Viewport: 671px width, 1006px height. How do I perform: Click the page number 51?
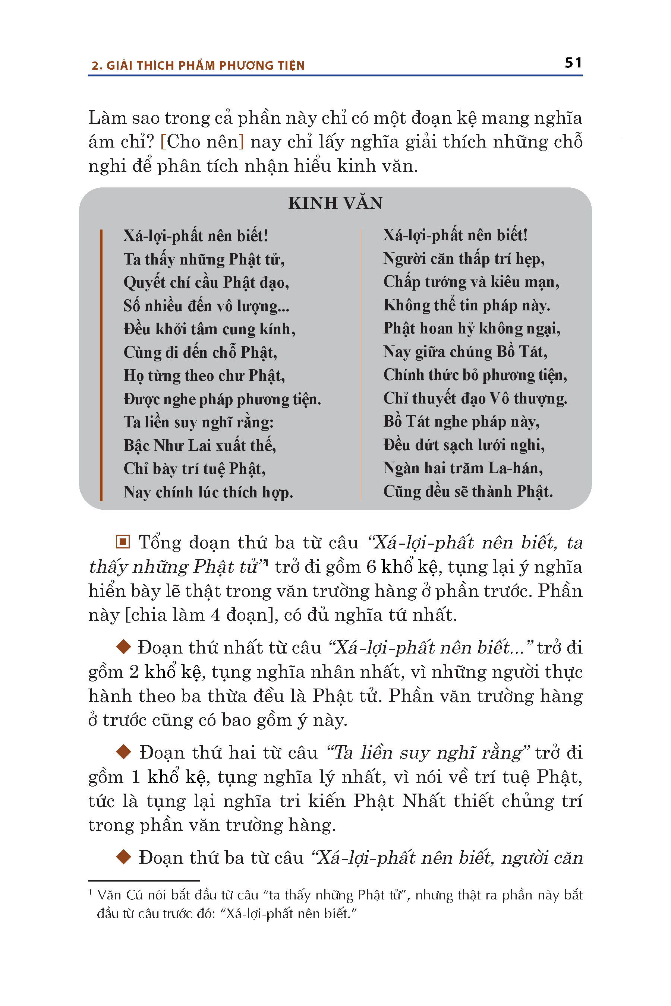click(x=573, y=63)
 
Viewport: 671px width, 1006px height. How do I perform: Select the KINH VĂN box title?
click(x=335, y=203)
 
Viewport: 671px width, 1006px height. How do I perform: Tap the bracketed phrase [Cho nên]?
click(x=202, y=142)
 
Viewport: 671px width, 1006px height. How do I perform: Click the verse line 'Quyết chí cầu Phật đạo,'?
click(x=206, y=283)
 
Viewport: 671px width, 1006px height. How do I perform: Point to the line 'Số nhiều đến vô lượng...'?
click(x=206, y=306)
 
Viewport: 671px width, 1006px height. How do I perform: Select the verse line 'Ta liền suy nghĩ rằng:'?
click(x=199, y=422)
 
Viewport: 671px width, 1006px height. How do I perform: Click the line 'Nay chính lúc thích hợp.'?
click(x=208, y=492)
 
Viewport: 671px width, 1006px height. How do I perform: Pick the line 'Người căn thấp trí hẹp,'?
click(x=464, y=259)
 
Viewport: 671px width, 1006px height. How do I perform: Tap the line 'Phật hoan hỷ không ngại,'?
click(x=472, y=329)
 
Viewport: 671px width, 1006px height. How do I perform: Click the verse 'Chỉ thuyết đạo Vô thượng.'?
click(x=475, y=398)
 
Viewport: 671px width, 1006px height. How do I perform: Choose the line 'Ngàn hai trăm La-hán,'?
click(x=463, y=468)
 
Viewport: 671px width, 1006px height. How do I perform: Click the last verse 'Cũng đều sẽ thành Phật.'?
click(x=468, y=491)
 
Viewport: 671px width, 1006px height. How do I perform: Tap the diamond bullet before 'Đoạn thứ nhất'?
click(x=123, y=647)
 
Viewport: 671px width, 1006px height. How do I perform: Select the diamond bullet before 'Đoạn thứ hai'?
click(x=123, y=752)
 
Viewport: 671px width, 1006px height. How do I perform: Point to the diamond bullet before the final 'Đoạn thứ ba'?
click(x=123, y=857)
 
